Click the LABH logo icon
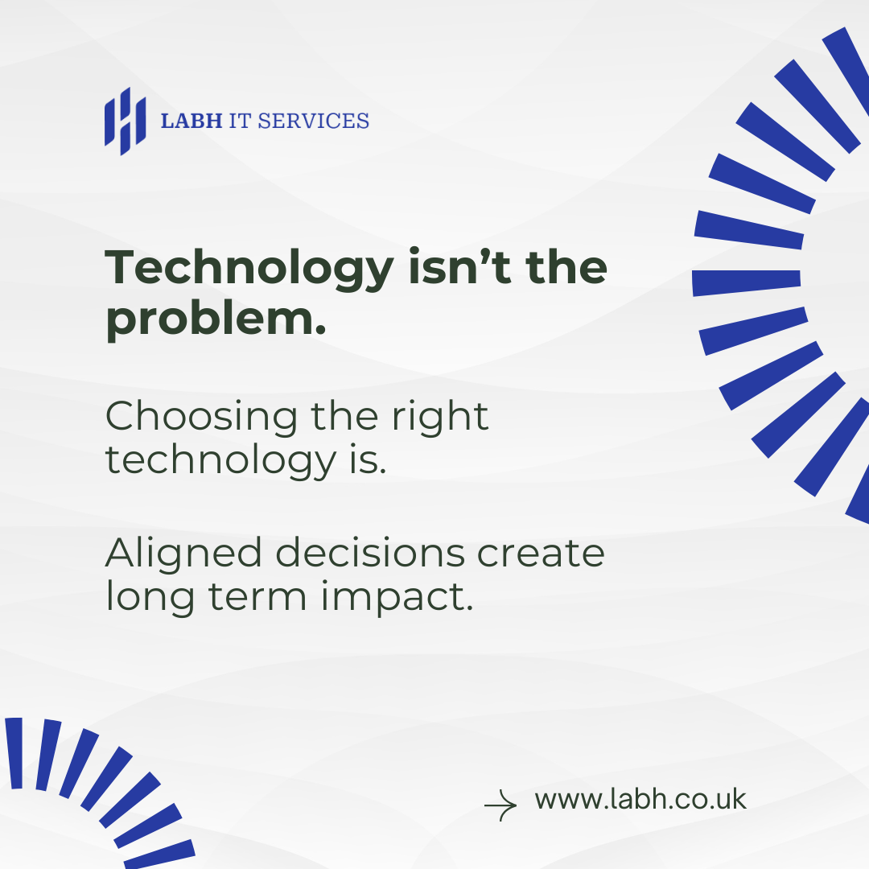pos(126,121)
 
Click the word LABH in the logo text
pos(192,121)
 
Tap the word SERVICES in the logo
pos(314,121)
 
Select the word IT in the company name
pos(241,121)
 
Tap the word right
pos(440,417)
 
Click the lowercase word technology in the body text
pos(221,461)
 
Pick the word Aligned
pos(183,554)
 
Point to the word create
pos(541,554)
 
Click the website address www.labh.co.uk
pos(640,800)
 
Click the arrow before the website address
pos(500,805)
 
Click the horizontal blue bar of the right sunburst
pos(747,282)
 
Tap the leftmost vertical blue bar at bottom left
pos(14,753)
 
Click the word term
pos(257,597)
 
